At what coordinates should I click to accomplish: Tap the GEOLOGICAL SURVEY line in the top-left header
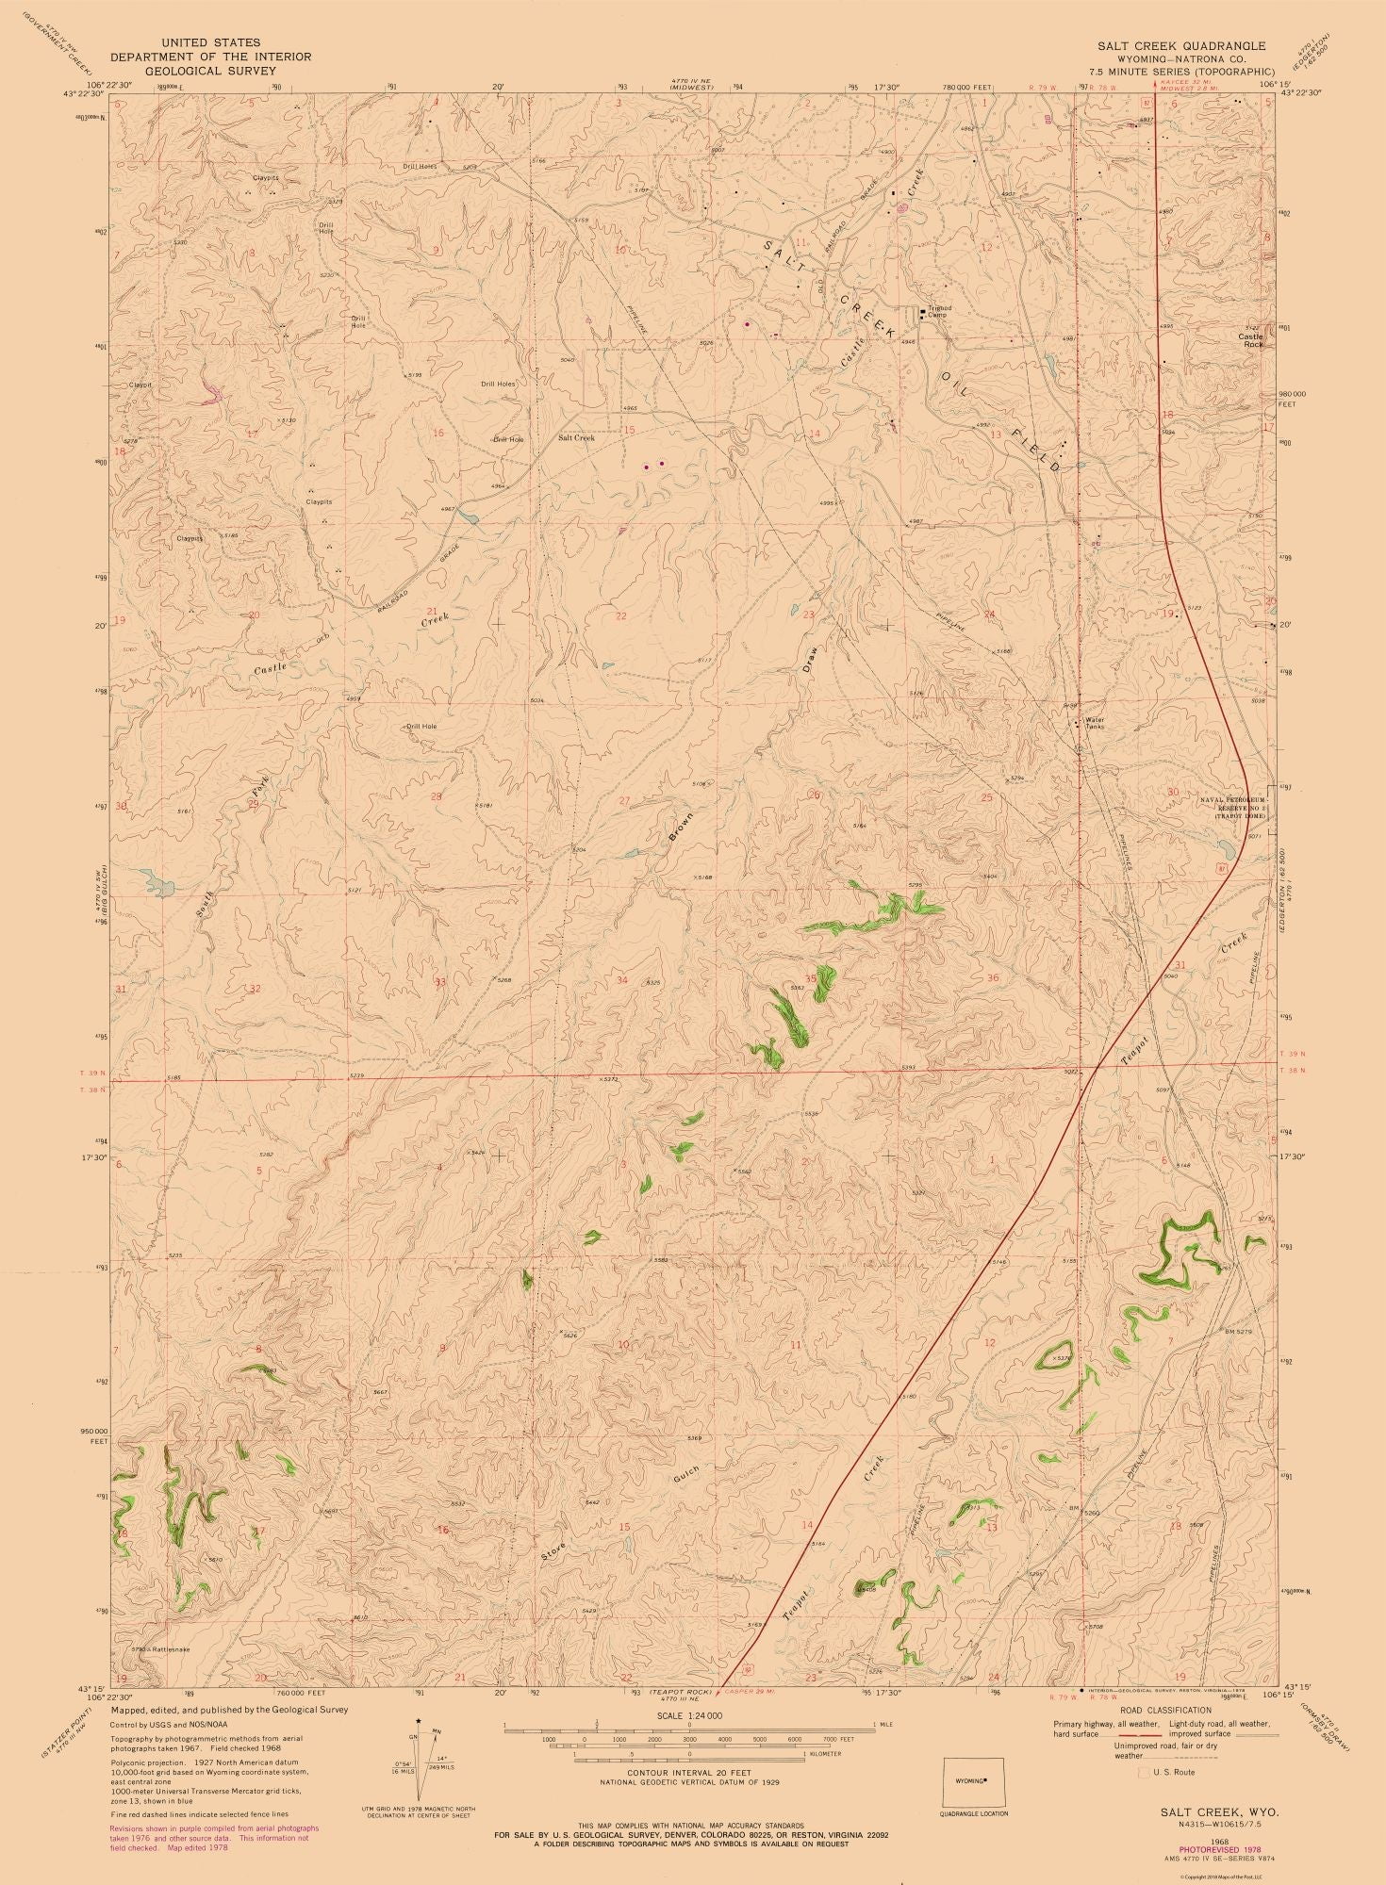pyautogui.click(x=211, y=70)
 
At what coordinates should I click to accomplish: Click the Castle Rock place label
pyautogui.click(x=1251, y=340)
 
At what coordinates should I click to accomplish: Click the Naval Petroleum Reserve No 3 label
pyautogui.click(x=1234, y=804)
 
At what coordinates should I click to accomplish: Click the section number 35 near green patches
pyautogui.click(x=810, y=978)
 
